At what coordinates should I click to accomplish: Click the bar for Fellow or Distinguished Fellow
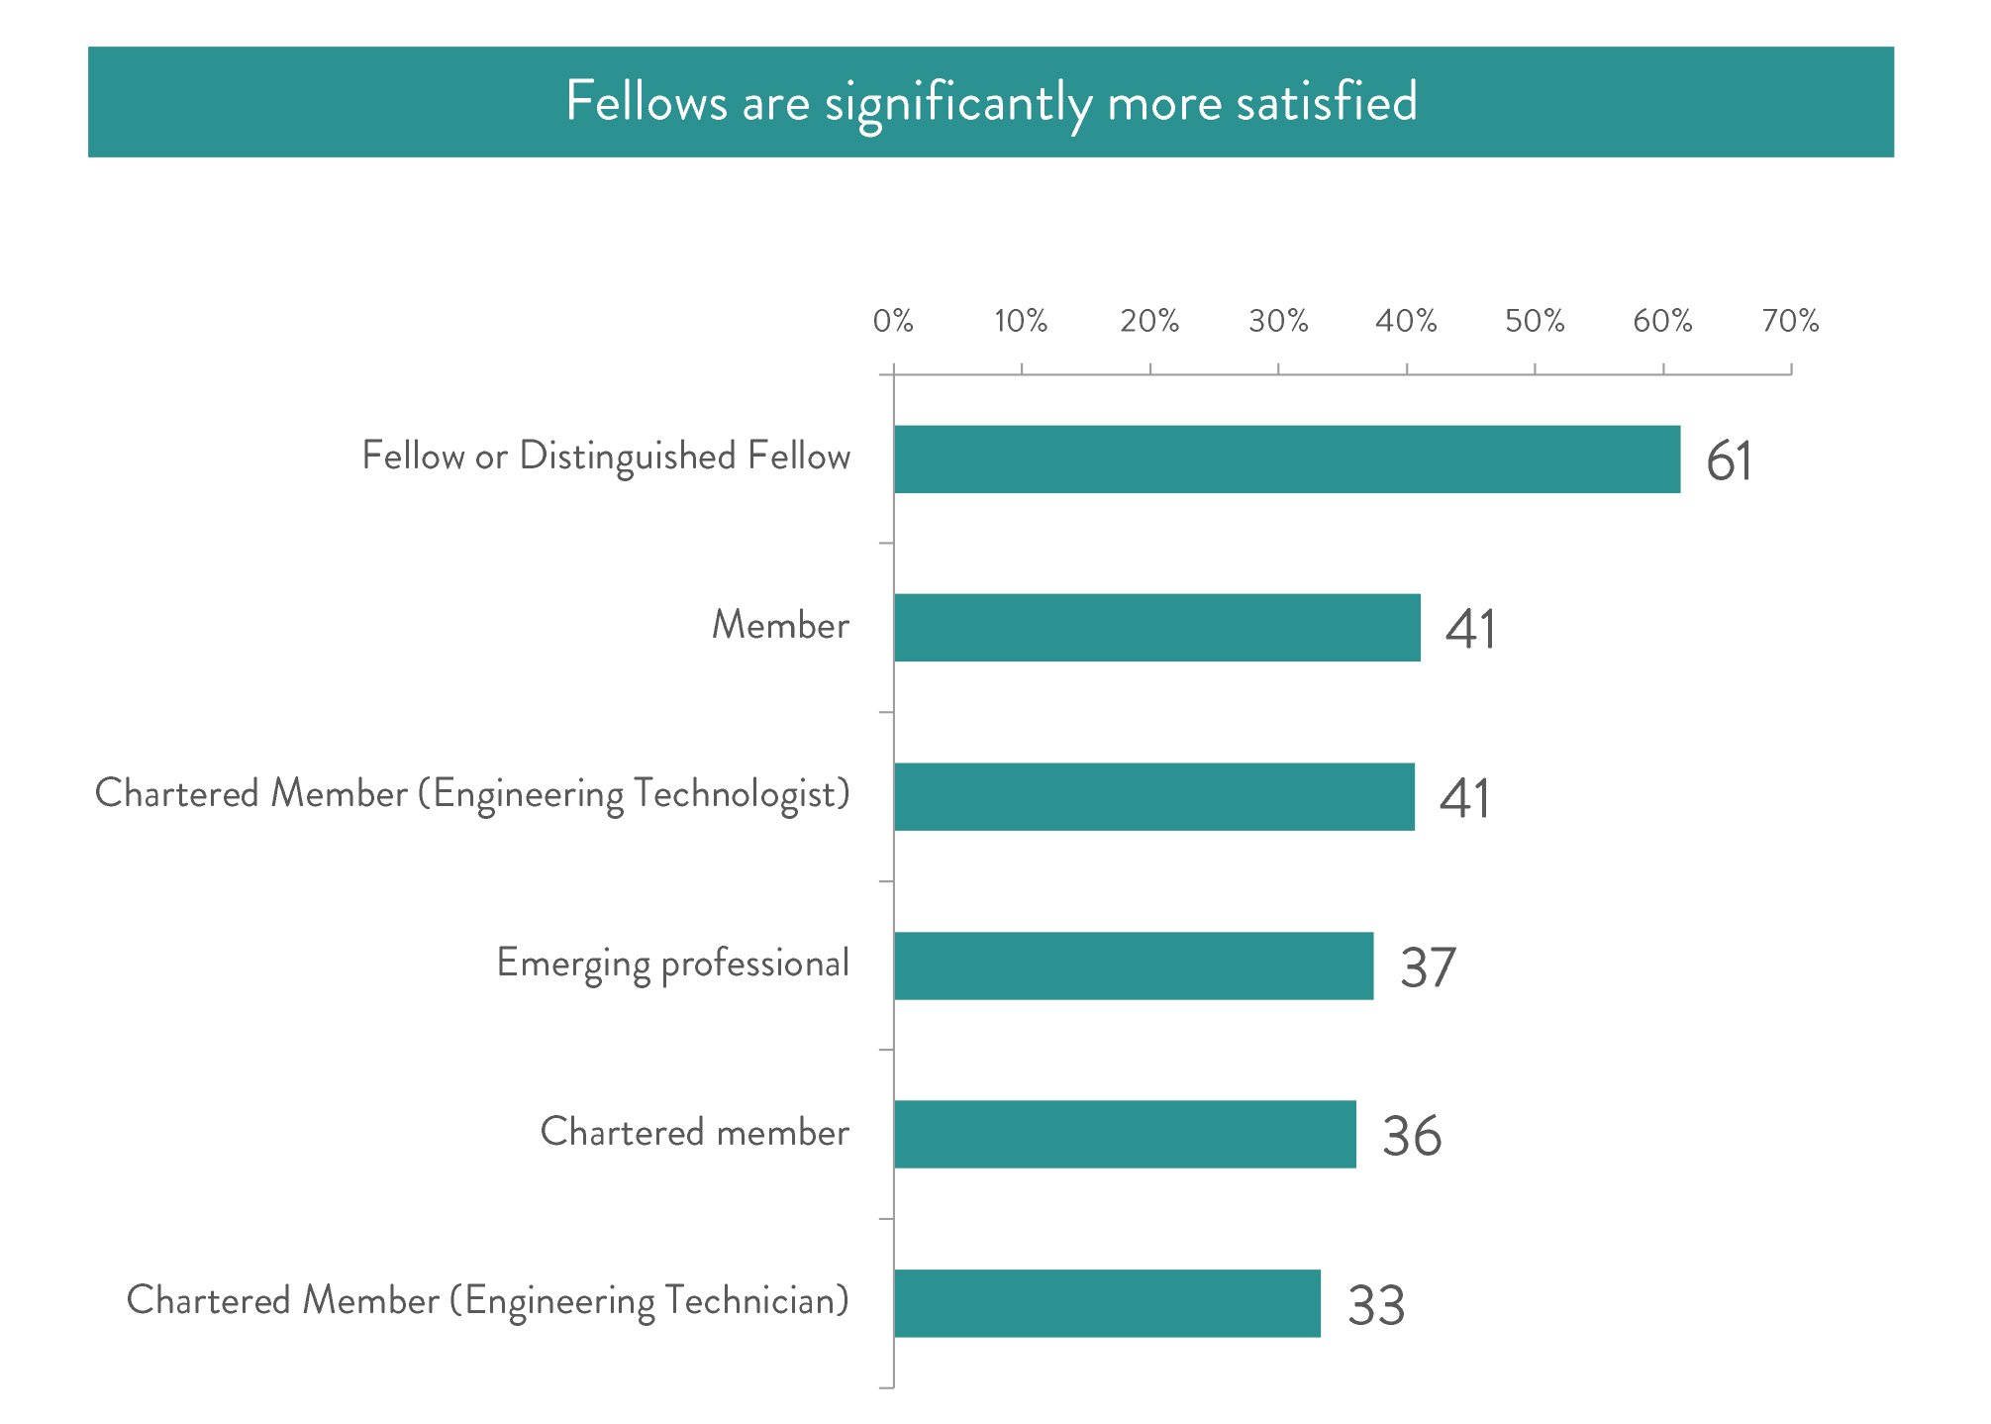click(1287, 459)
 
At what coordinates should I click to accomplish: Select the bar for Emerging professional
click(1134, 966)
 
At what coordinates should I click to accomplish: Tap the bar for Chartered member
click(1125, 1134)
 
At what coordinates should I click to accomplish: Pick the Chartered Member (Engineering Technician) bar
click(1107, 1303)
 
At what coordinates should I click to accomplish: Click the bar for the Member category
click(1156, 628)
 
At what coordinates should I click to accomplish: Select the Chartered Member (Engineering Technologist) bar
click(1153, 796)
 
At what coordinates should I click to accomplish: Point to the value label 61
click(1729, 461)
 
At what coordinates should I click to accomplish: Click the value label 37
click(1428, 967)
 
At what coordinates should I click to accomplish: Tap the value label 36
click(1412, 1136)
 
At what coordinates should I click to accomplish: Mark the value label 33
click(1376, 1305)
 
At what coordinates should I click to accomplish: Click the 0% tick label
click(893, 321)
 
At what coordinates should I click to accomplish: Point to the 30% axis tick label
click(1278, 321)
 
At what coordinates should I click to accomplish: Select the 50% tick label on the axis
click(1535, 321)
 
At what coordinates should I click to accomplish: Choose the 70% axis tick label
click(1790, 321)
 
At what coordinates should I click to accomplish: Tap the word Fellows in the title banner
click(646, 101)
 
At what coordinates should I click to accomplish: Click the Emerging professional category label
click(672, 964)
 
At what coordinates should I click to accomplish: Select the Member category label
click(780, 626)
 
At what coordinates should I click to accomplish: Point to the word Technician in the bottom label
click(756, 1301)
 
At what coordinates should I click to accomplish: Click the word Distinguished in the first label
click(628, 457)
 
